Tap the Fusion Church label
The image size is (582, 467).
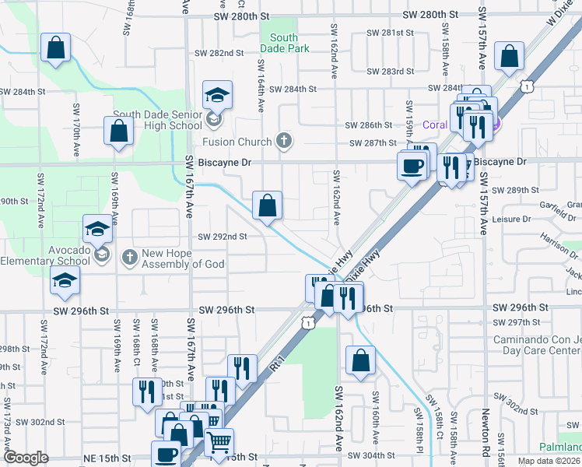(237, 142)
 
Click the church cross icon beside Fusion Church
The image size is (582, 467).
(284, 142)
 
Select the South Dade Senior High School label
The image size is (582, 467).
(157, 120)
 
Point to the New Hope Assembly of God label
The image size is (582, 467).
(183, 258)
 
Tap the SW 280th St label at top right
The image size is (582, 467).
(433, 15)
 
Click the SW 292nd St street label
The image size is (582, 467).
(223, 237)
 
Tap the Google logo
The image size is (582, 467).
(26, 458)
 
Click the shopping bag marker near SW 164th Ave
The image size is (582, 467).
(267, 206)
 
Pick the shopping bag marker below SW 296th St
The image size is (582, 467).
(360, 360)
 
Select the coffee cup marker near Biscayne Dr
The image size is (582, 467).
(411, 164)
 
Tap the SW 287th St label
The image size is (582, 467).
(373, 143)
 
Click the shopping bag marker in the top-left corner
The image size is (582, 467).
(56, 48)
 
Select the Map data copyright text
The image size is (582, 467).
(549, 461)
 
